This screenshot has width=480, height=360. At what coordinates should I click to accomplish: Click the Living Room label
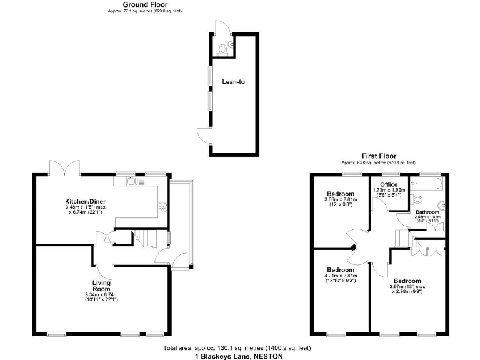pos(101,286)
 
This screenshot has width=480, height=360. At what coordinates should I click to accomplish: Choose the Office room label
pos(389,184)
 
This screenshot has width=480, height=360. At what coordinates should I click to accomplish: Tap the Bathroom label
pos(427,212)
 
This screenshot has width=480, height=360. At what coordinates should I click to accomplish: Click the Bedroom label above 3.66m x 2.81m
pos(341,194)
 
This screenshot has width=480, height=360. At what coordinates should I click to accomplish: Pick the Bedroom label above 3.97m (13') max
pos(407,281)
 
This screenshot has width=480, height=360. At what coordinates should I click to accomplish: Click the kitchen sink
pos(136,182)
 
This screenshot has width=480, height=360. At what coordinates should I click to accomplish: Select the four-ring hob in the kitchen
pos(162,206)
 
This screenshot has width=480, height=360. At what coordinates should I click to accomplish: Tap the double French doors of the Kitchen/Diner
pos(65,167)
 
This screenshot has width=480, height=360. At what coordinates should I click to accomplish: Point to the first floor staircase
pos(401,237)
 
